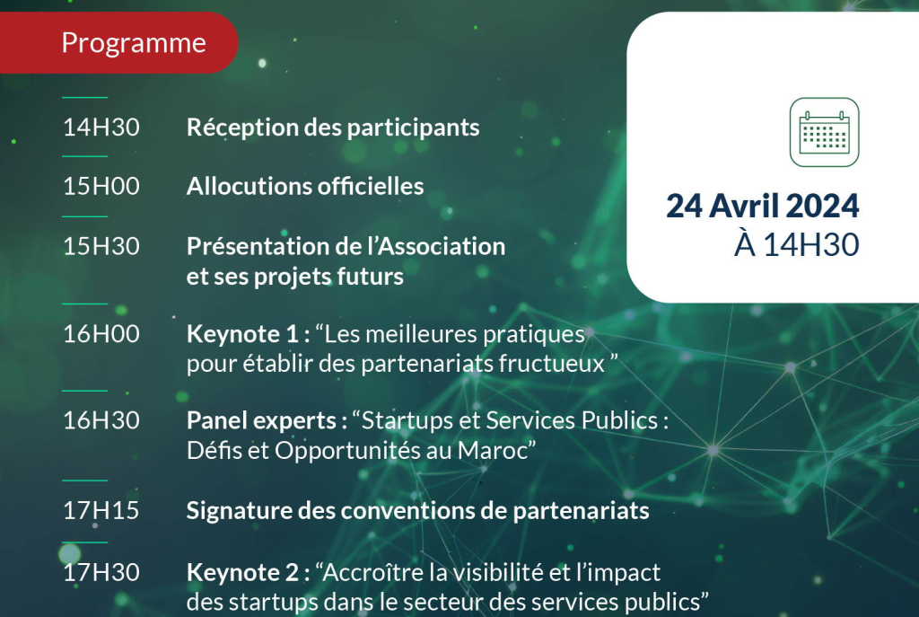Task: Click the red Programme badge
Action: click(x=118, y=42)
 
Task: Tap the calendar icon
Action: click(x=824, y=132)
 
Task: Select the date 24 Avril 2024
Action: click(x=762, y=206)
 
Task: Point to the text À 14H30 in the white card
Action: click(x=796, y=244)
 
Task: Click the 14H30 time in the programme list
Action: click(x=101, y=128)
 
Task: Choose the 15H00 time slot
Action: click(x=101, y=186)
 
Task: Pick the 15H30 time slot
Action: click(x=101, y=246)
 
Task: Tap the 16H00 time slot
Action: click(x=101, y=334)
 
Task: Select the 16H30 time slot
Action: click(x=101, y=420)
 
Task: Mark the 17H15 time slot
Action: click(x=101, y=510)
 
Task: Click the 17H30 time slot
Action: click(x=101, y=572)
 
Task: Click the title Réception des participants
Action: click(x=333, y=128)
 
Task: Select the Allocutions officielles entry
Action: click(x=305, y=187)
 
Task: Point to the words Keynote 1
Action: click(x=242, y=334)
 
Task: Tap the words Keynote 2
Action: click(x=242, y=572)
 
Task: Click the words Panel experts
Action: click(x=261, y=421)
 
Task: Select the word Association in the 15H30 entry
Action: click(x=442, y=246)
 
